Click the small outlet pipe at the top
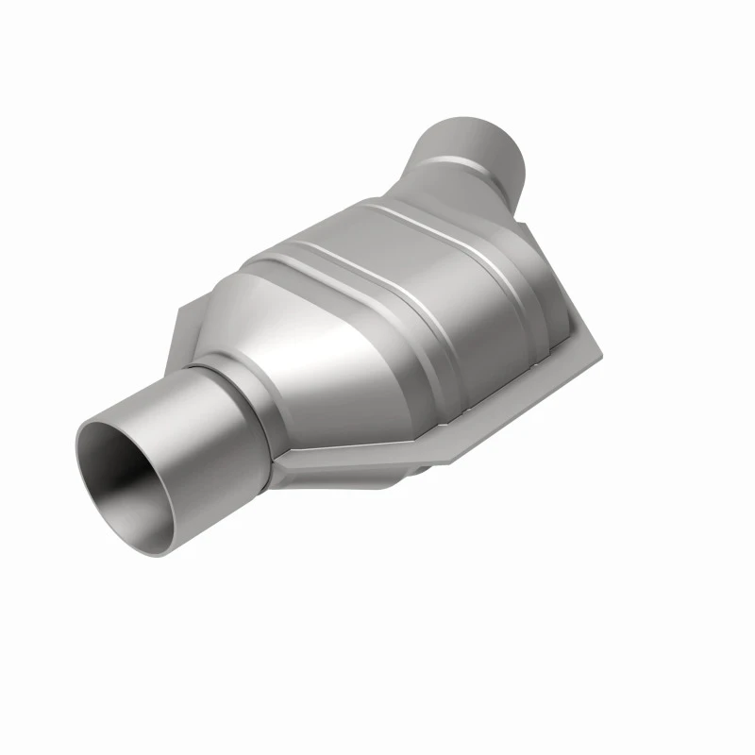click(x=472, y=151)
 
